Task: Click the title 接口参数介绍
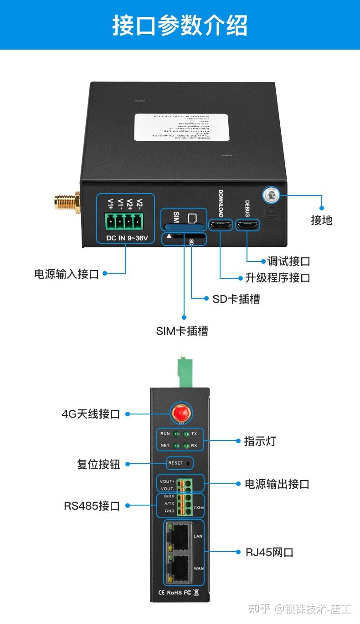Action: click(x=180, y=25)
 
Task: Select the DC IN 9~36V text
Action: click(x=125, y=237)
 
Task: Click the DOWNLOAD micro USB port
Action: click(x=220, y=225)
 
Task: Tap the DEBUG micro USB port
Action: click(x=247, y=225)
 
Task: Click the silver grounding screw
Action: click(x=271, y=195)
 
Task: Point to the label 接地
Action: click(x=322, y=220)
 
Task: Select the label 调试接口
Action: click(x=288, y=261)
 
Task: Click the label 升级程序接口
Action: click(x=278, y=277)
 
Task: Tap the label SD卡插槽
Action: click(x=236, y=299)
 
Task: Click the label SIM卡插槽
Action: click(x=182, y=331)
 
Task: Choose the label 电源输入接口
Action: click(x=67, y=274)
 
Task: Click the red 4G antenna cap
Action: click(x=180, y=414)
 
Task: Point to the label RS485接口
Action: click(x=92, y=506)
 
